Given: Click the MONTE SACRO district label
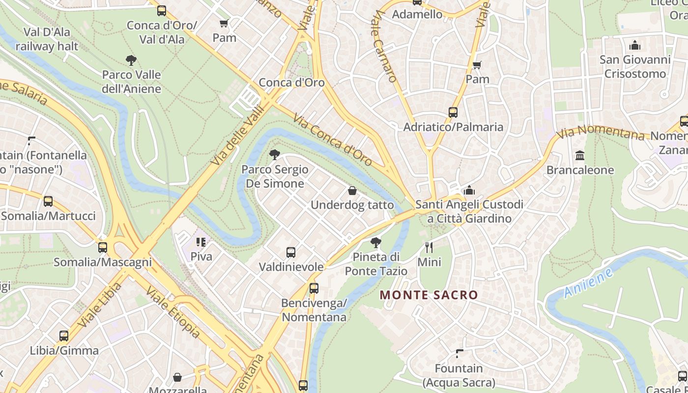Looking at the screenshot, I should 429,295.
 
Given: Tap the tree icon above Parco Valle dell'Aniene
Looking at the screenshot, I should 131,60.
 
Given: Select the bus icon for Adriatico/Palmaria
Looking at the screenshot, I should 453,112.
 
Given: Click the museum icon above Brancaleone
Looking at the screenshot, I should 580,156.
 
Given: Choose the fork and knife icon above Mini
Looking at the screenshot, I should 429,247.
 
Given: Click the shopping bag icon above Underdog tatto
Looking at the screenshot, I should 352,191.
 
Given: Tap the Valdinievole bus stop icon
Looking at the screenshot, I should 291,253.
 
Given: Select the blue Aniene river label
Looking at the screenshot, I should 588,283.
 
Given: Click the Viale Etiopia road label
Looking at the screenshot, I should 172,313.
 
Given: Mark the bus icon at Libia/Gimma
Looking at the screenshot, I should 64,336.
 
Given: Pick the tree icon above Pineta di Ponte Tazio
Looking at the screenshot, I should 376,242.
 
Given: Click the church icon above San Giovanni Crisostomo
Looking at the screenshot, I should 635,46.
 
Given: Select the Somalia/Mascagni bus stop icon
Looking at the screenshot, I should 103,248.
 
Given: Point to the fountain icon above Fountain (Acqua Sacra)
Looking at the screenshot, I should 459,354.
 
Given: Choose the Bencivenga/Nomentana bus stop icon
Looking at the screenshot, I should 314,288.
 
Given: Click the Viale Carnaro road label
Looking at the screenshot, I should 385,47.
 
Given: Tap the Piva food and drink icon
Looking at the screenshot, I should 201,242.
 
